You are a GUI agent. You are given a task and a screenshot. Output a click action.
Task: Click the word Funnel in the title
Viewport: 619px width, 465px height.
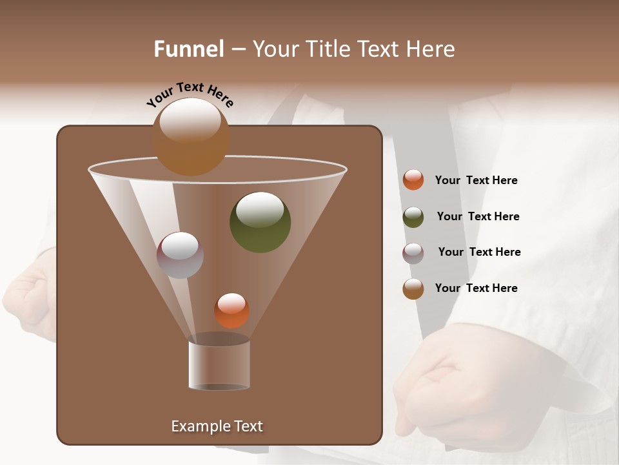pyautogui.click(x=189, y=49)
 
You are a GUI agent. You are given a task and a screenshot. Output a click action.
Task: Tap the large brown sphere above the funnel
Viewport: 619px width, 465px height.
pyautogui.click(x=191, y=136)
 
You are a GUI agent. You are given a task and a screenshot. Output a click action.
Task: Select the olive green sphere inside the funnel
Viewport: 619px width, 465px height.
pyautogui.click(x=260, y=222)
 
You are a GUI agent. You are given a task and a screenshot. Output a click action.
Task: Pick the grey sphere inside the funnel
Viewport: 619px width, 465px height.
pyautogui.click(x=180, y=255)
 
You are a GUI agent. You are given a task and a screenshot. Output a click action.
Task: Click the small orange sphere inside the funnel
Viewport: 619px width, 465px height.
pyautogui.click(x=231, y=311)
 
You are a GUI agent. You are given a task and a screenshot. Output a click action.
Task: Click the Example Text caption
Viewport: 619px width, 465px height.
pyautogui.click(x=217, y=426)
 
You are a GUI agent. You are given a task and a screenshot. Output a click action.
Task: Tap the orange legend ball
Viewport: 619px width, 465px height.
pyautogui.click(x=413, y=180)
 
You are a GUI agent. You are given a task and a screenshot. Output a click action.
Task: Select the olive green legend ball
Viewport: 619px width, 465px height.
pyautogui.click(x=413, y=217)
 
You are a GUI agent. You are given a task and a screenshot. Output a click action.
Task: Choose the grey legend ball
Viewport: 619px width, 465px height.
pyautogui.click(x=413, y=253)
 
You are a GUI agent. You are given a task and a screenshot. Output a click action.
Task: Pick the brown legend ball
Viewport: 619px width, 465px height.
pyautogui.click(x=413, y=289)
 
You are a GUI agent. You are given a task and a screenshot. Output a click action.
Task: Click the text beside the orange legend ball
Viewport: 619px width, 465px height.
pyautogui.click(x=476, y=180)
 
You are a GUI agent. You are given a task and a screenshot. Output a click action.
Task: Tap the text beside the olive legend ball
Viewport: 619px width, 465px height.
pyautogui.click(x=478, y=216)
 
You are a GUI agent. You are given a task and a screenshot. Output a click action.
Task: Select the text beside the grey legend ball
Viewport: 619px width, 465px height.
pyautogui.click(x=479, y=252)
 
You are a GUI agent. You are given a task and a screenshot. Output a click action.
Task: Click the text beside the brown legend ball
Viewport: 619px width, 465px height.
pyautogui.click(x=476, y=288)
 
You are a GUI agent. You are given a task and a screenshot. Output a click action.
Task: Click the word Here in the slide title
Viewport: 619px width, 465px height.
pyautogui.click(x=431, y=49)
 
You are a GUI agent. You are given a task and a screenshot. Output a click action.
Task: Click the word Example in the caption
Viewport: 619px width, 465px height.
pyautogui.click(x=197, y=426)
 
